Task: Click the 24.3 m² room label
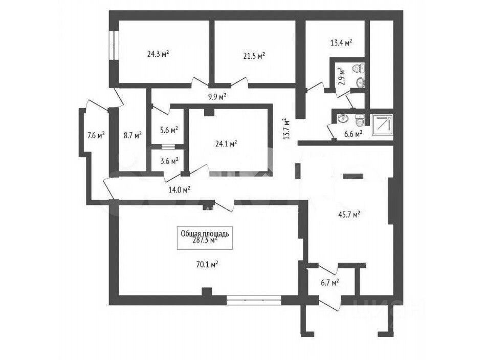158,53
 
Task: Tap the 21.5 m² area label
254,55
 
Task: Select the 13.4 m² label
341,43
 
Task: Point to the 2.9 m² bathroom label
342,77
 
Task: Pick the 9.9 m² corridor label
217,96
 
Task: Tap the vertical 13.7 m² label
287,129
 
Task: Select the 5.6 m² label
168,130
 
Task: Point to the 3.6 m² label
168,161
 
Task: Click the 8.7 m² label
132,135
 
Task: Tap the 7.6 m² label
96,135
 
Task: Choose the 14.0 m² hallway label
179,189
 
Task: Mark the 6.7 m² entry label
329,282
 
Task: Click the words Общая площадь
205,233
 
